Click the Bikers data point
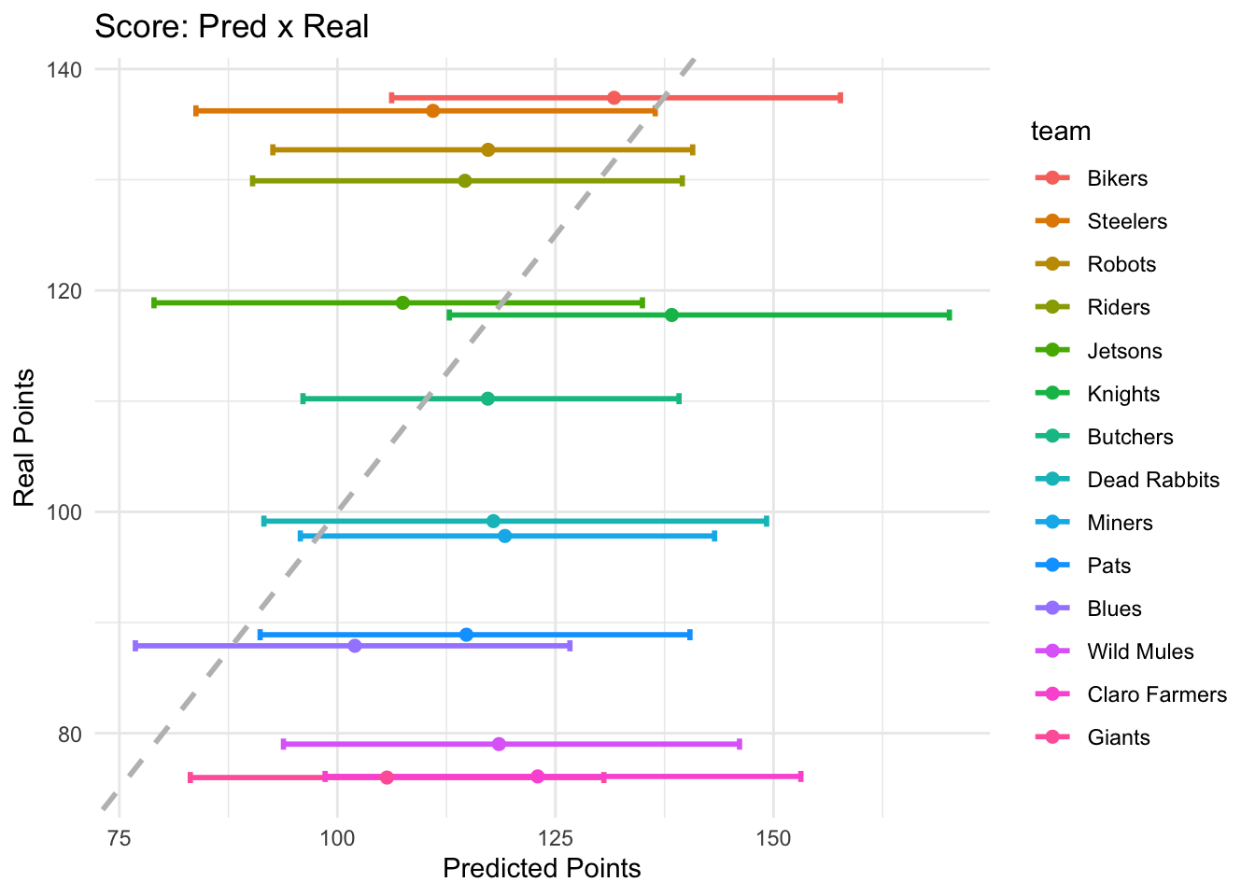613,98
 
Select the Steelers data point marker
432,111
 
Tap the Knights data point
671,315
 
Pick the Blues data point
354,646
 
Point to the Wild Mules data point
499,744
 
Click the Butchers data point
487,399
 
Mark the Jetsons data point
402,302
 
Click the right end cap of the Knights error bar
949,315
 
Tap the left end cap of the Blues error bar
135,646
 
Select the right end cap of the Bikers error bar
840,98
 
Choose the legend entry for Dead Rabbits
1153,480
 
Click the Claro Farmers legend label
1156,694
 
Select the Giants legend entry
1118,737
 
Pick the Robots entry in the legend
1121,264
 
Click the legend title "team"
1061,132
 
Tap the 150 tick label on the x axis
773,837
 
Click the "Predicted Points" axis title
542,869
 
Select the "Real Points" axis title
25,438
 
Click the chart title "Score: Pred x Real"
232,26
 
